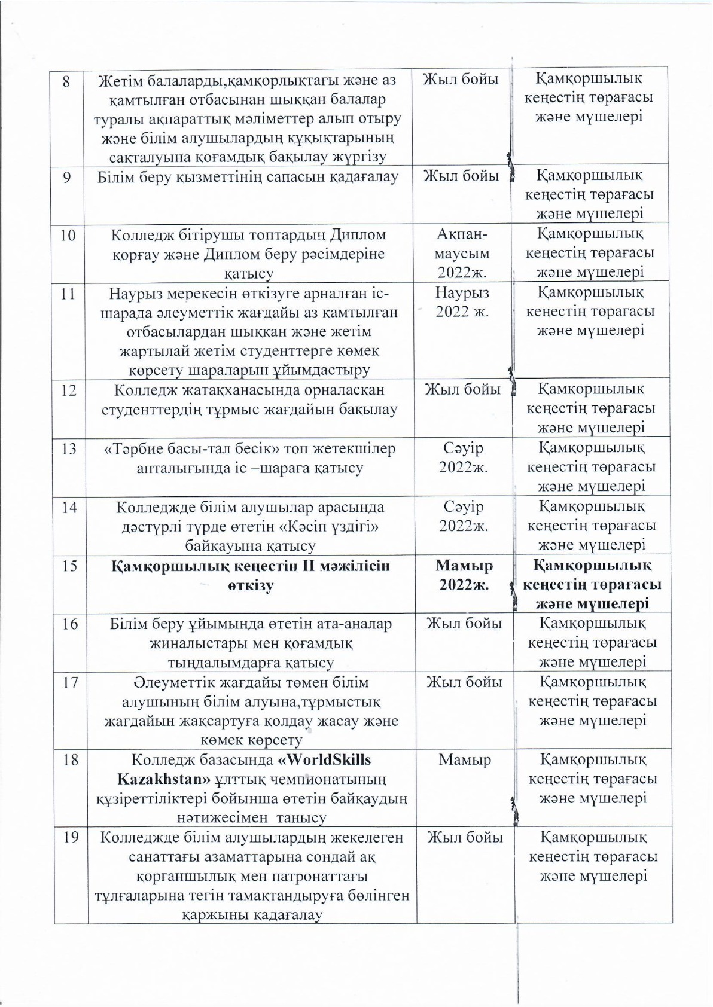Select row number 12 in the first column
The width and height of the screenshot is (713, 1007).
[69, 390]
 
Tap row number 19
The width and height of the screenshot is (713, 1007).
[71, 837]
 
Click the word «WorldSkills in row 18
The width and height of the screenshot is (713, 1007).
[325, 760]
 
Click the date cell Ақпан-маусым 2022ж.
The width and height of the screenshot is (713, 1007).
[464, 254]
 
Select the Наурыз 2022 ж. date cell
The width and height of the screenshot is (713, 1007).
[462, 302]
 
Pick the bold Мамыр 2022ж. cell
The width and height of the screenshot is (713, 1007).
[464, 575]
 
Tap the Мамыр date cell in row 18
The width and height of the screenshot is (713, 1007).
[465, 760]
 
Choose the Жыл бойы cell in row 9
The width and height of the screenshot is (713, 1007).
[461, 176]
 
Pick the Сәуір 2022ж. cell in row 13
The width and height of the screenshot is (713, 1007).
[464, 457]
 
